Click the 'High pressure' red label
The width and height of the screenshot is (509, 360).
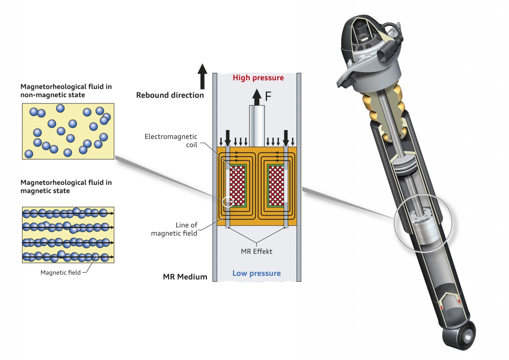pos(258,78)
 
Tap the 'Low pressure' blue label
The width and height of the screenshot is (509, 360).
pos(256,273)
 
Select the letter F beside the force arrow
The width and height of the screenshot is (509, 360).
pos(268,96)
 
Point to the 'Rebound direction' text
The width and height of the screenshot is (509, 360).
pos(170,95)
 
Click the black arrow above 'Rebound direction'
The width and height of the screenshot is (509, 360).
pos(202,76)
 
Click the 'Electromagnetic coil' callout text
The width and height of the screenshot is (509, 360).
pos(171,141)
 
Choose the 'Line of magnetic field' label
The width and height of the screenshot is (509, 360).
pos(174,229)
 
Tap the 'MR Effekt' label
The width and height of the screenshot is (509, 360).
pos(256,251)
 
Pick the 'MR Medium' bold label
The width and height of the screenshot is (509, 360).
pos(185,277)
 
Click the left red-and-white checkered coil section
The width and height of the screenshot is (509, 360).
pos(237,185)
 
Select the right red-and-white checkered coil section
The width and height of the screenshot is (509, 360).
pos(276,185)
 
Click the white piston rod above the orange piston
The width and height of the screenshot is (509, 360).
pos(257,126)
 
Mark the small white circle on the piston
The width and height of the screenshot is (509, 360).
pos(228,202)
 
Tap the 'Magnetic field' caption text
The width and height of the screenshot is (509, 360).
pos(60,273)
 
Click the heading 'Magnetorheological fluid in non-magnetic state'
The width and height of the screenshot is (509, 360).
pos(66,90)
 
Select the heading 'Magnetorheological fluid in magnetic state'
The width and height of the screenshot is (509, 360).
pos(66,186)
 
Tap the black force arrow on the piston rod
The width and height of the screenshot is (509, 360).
pos(257,97)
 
